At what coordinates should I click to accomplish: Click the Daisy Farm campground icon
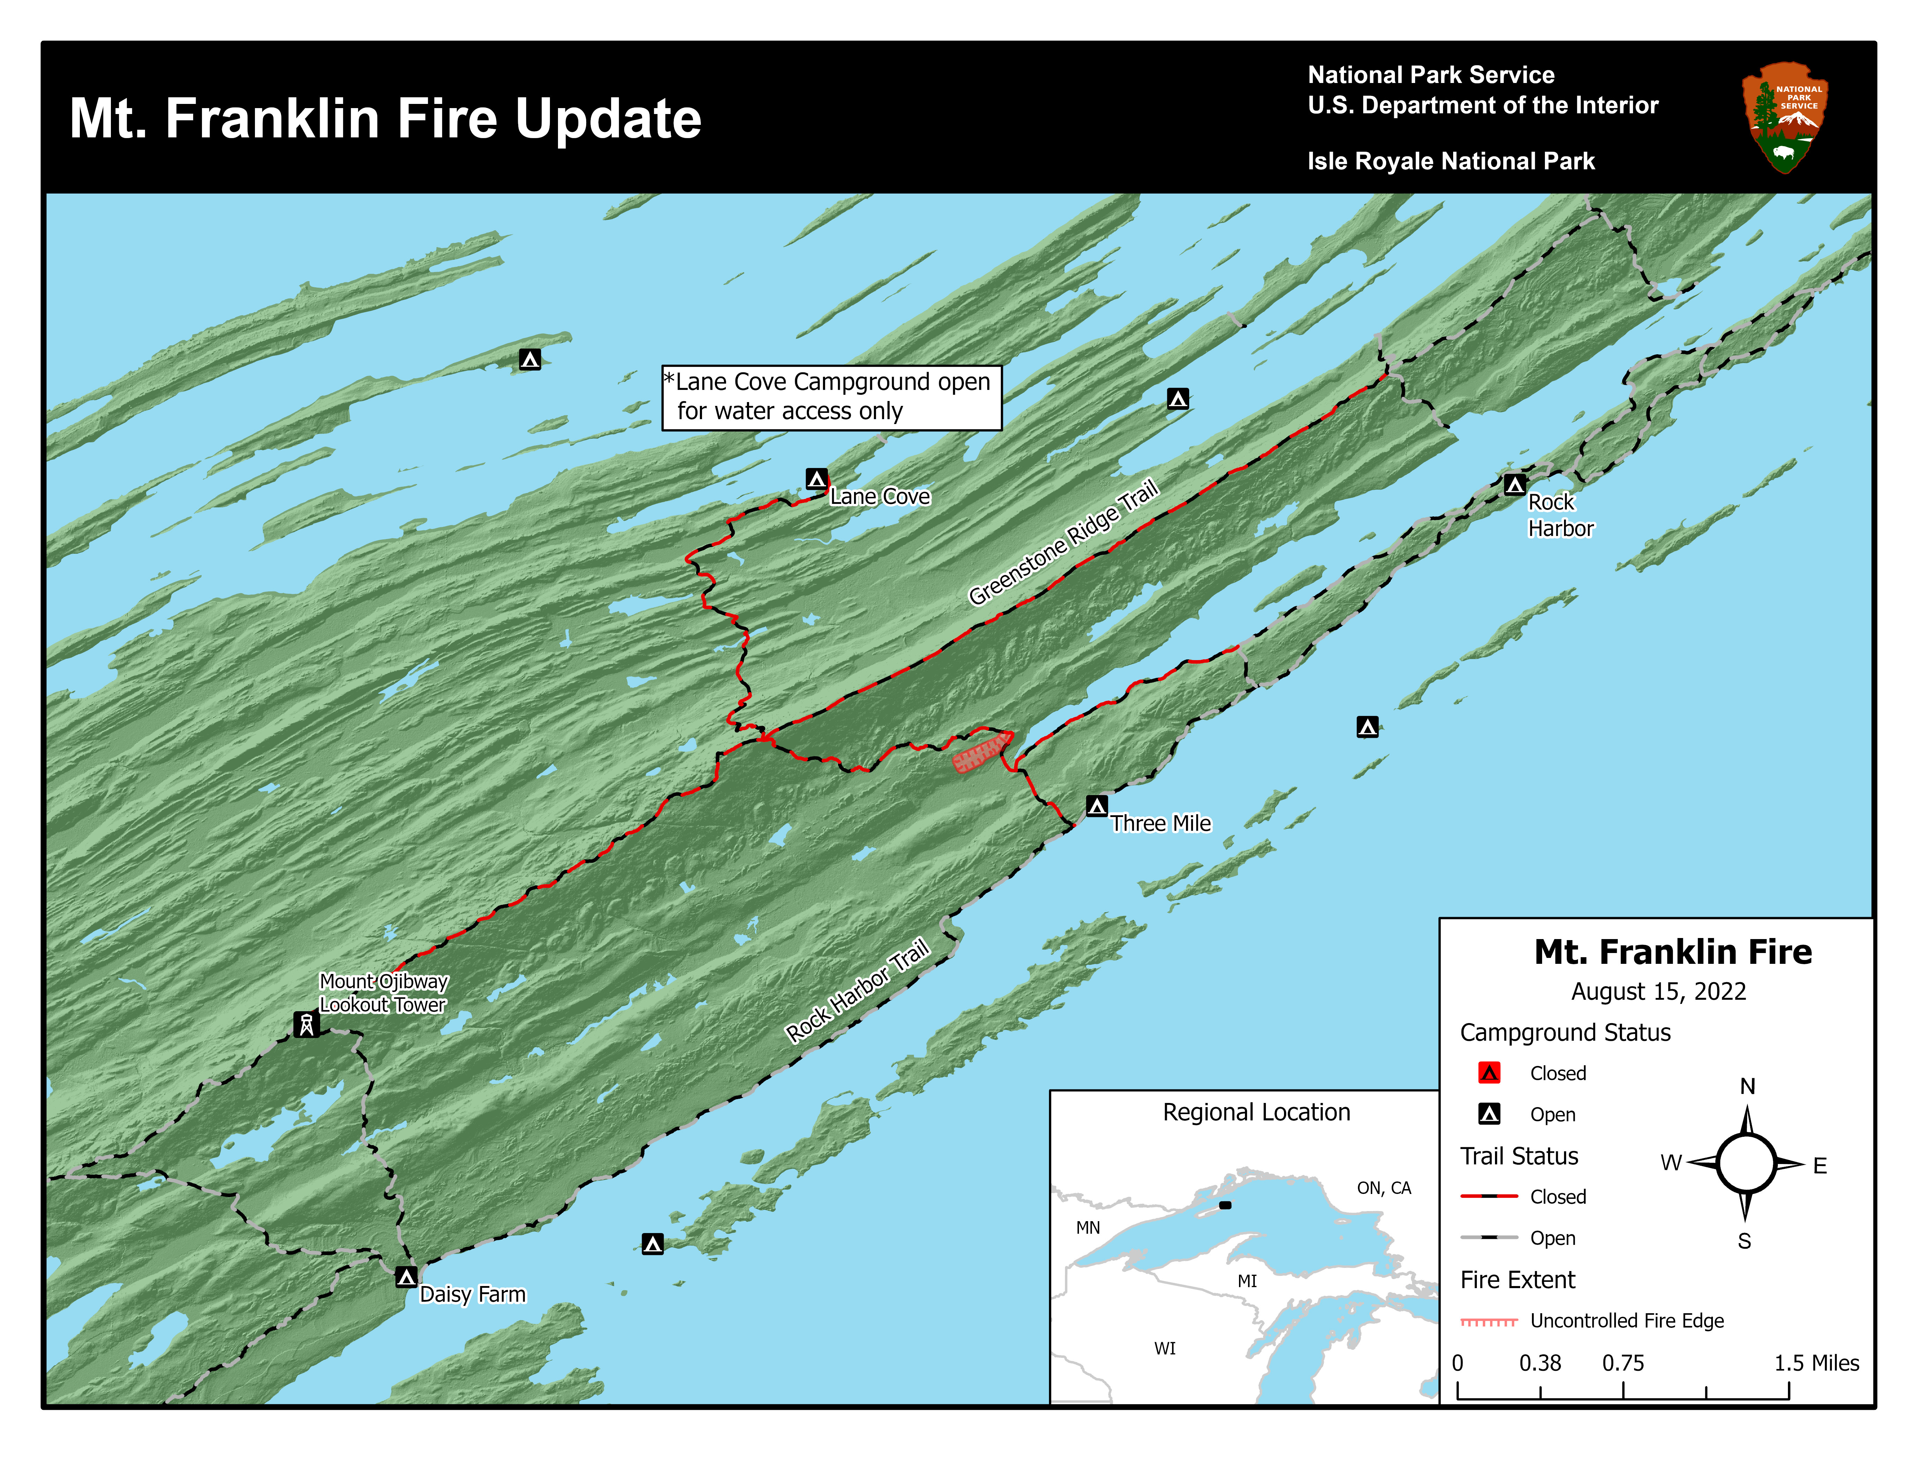406,1277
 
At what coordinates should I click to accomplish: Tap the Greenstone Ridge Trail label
1064,543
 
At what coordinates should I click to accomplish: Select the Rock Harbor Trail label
857,990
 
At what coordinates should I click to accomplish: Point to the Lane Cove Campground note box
831,398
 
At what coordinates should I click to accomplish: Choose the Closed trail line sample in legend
1489,1196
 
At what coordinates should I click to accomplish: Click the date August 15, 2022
1658,991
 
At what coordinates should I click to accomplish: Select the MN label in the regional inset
1088,1227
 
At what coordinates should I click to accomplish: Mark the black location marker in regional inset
1225,1204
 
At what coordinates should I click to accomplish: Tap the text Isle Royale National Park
1451,161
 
